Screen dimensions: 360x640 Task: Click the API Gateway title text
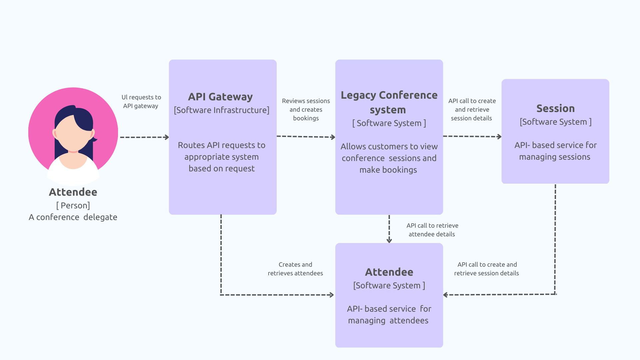pos(220,97)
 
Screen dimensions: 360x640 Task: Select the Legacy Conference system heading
pos(389,102)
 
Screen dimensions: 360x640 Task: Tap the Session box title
pos(555,108)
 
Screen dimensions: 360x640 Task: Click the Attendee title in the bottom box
pos(389,272)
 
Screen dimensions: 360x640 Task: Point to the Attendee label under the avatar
pos(73,192)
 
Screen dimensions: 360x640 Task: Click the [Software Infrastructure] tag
pos(221,110)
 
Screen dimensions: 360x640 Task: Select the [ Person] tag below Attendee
pos(73,205)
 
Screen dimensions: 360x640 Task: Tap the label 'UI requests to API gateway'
pos(141,102)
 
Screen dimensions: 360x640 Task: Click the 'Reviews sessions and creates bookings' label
pos(306,109)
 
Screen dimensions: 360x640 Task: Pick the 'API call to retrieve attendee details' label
pos(432,230)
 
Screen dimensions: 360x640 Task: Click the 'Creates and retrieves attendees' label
pos(295,269)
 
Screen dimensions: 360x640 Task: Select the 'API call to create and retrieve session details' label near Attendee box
pos(486,269)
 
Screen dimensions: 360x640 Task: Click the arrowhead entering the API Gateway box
pos(167,137)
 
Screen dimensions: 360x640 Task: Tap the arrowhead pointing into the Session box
pos(499,136)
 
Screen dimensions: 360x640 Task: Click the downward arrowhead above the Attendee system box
pos(389,240)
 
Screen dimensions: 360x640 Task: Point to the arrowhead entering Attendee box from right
pos(446,295)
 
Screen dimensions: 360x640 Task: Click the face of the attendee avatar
pos(72,133)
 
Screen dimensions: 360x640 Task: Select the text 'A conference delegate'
pos(73,217)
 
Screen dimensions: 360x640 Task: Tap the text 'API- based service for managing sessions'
pos(555,151)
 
